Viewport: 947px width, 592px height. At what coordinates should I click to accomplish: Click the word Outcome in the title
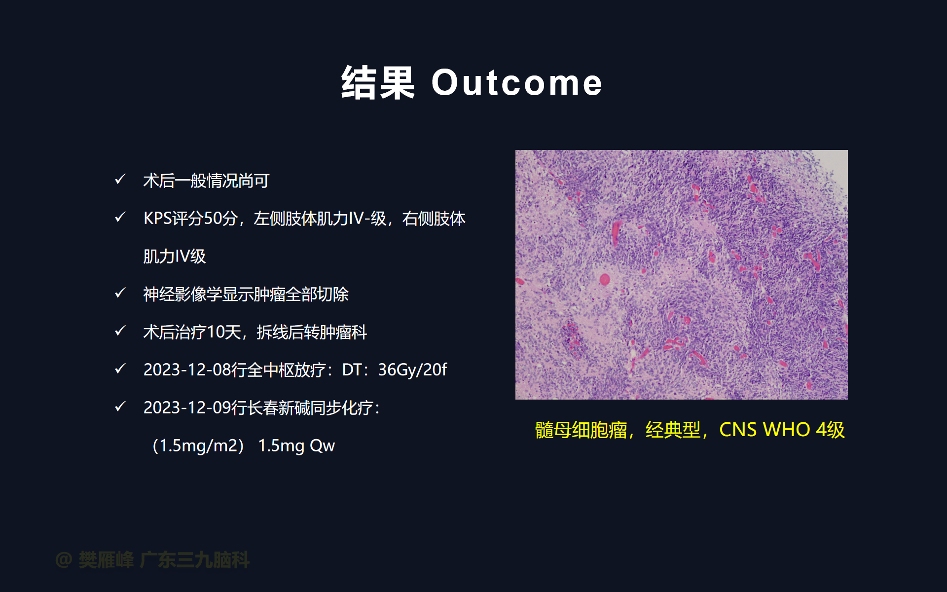pos(517,82)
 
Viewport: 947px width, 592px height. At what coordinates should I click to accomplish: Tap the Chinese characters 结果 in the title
pos(378,83)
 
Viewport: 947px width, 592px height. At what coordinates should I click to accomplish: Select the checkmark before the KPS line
pos(120,217)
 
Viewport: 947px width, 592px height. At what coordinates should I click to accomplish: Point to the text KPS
pos(157,218)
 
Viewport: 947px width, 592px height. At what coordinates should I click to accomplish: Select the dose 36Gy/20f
pos(412,370)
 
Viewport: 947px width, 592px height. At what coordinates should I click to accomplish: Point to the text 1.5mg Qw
pos(296,445)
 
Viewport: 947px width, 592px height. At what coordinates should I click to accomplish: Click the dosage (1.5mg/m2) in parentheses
pos(198,445)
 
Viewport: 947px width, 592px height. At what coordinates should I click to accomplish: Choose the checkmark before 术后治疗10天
pos(120,331)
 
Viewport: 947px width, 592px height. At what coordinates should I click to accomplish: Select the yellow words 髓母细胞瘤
pos(581,430)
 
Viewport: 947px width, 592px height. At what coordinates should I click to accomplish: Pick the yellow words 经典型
pos(673,430)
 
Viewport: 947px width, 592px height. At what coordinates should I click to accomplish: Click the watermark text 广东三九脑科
pos(195,560)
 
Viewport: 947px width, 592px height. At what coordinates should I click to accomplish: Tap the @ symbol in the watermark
pos(64,560)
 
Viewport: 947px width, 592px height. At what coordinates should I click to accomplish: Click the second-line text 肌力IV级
pos(175,256)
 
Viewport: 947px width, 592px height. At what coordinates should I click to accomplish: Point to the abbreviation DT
pos(352,370)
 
